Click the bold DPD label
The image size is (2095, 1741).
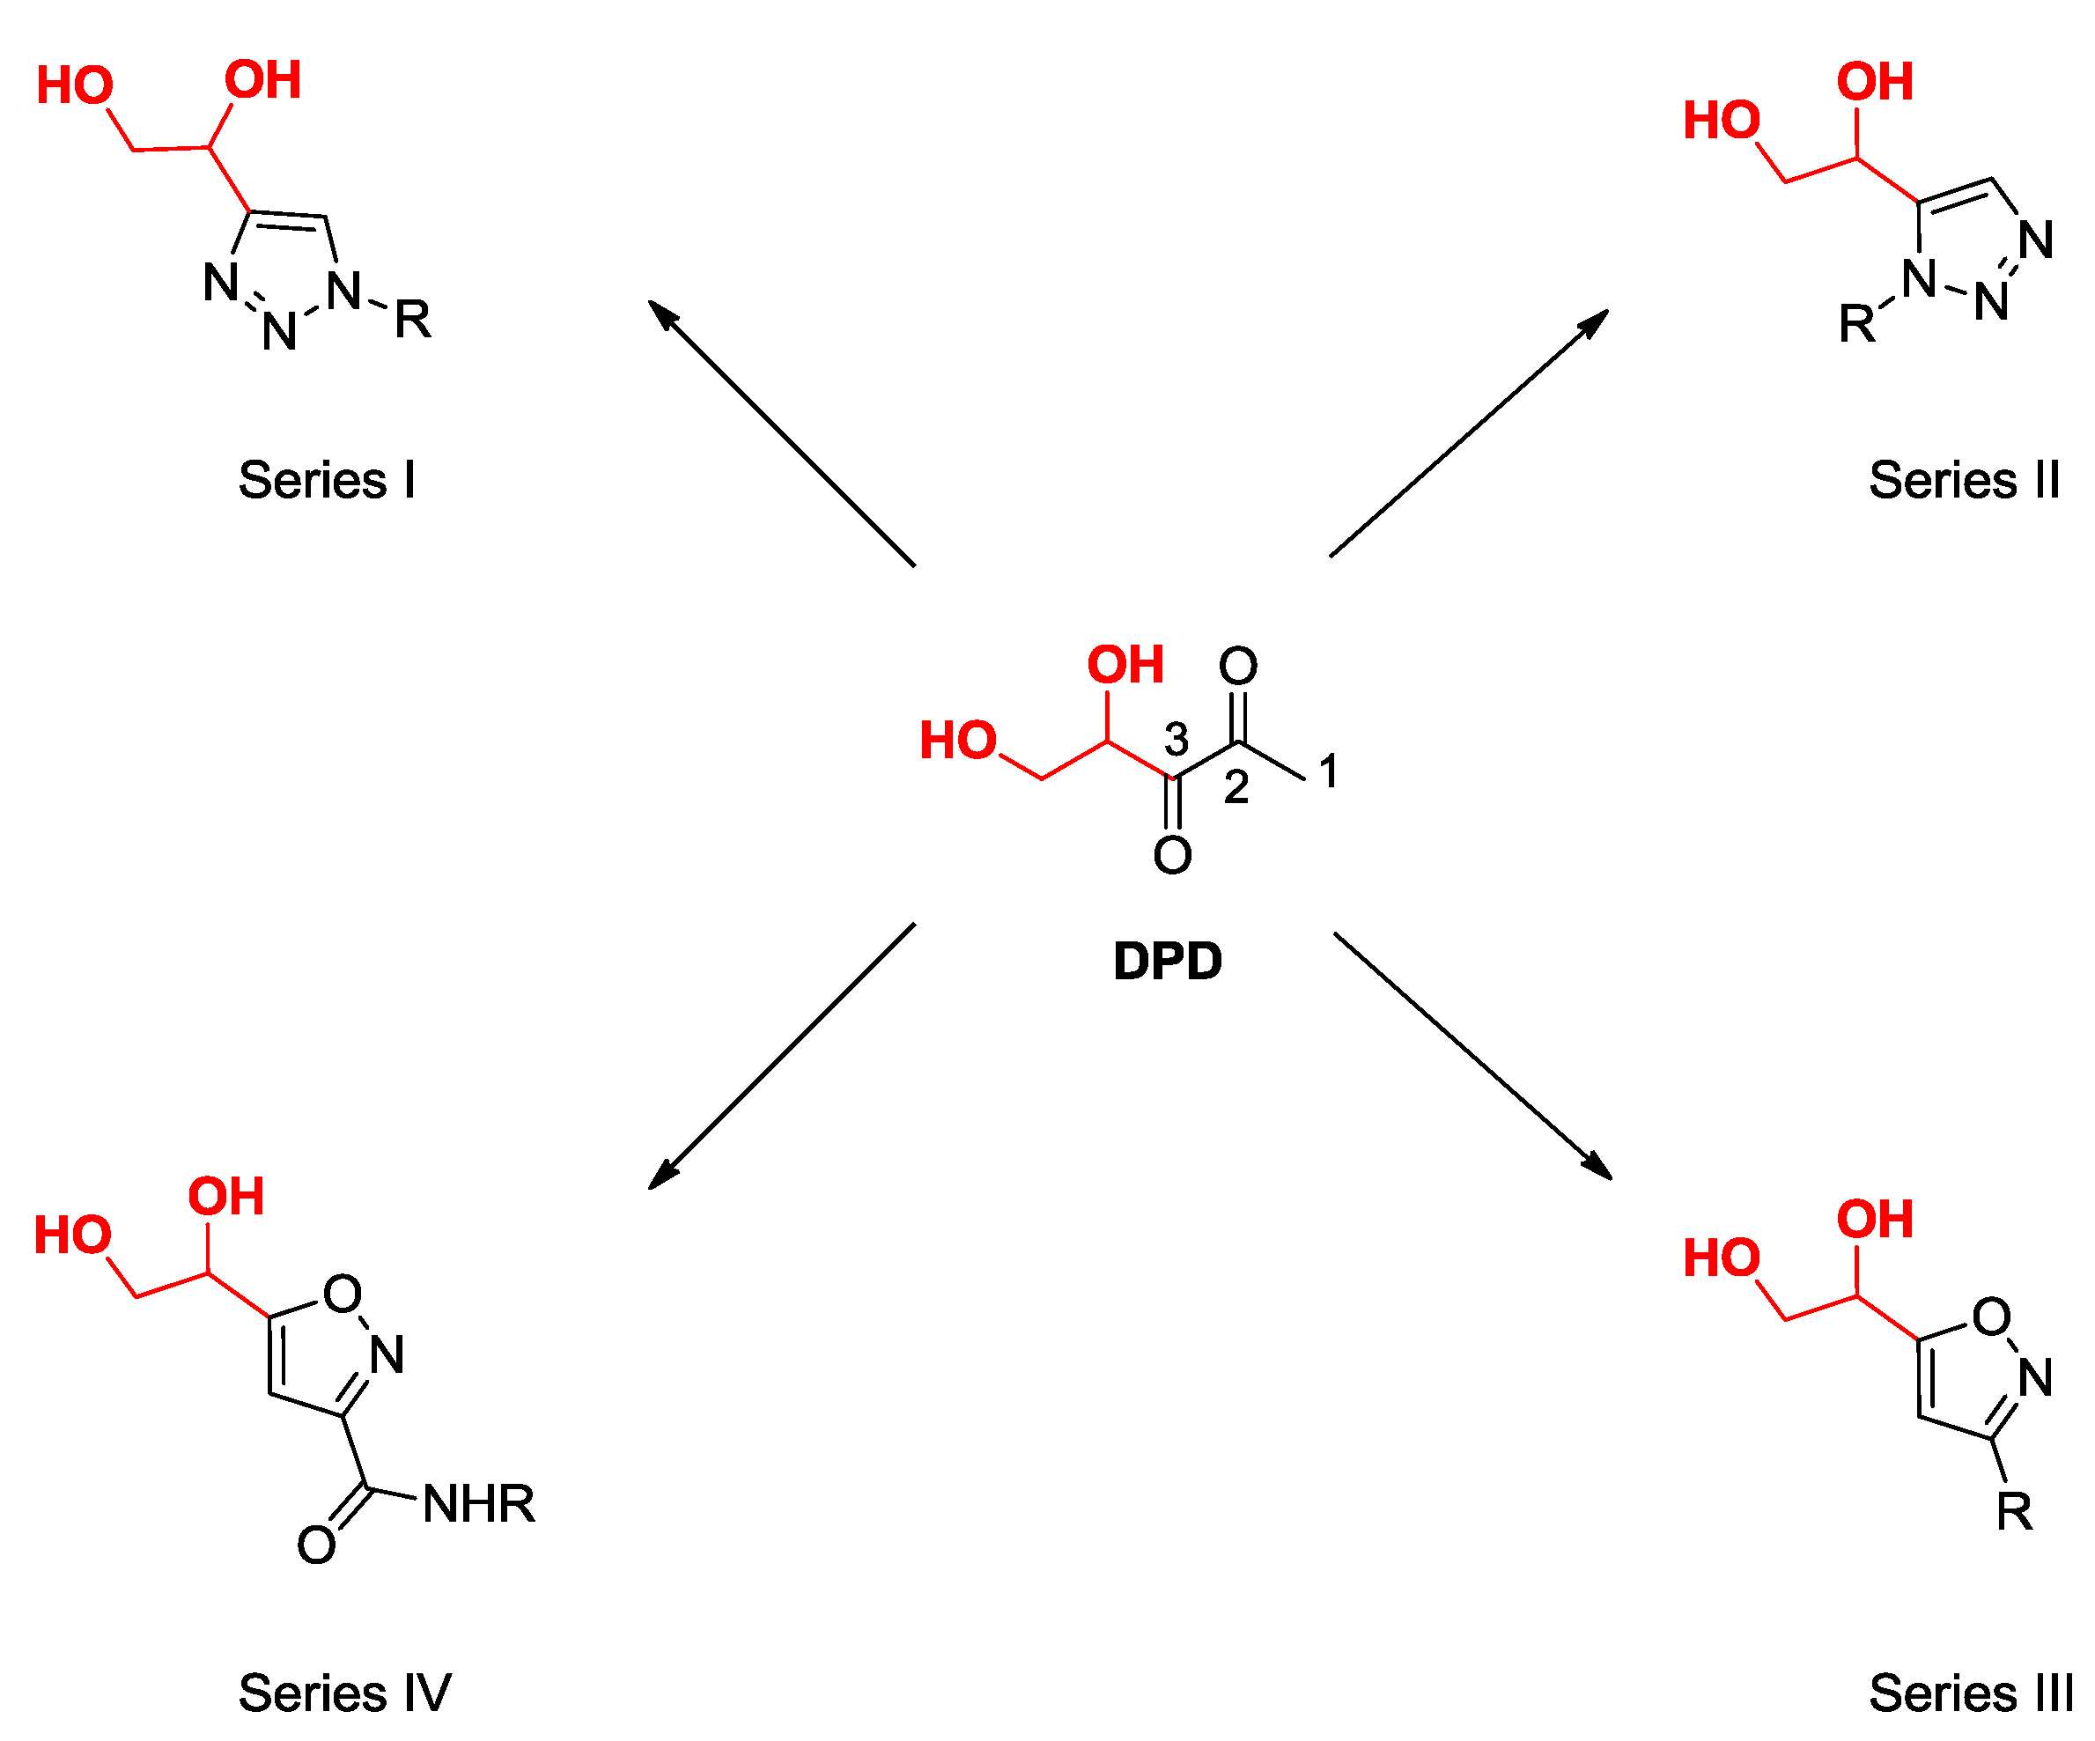tap(1167, 962)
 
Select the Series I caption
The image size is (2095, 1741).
tap(326, 481)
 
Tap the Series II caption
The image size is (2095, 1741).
tap(1963, 481)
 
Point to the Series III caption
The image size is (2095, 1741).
tap(1970, 1694)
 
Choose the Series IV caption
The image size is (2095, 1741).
tap(344, 1694)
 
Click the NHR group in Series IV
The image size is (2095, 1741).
tap(478, 1503)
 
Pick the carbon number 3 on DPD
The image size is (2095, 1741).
tap(1177, 741)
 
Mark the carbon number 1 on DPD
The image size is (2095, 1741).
tap(1328, 771)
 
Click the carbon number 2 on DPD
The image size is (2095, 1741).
tap(1236, 788)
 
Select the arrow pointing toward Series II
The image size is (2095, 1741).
tap(1469, 433)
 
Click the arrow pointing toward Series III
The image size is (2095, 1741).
tap(1472, 1056)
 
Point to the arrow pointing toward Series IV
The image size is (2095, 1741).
tap(781, 1056)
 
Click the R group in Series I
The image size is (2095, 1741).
tap(412, 321)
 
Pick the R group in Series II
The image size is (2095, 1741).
tap(1856, 324)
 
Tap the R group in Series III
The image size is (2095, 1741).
tap(2014, 1511)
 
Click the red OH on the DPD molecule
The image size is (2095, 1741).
tap(1125, 666)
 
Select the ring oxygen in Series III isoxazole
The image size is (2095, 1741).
tap(1991, 1317)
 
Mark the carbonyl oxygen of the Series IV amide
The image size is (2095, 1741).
tap(316, 1546)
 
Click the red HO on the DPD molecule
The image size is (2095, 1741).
tap(958, 741)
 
